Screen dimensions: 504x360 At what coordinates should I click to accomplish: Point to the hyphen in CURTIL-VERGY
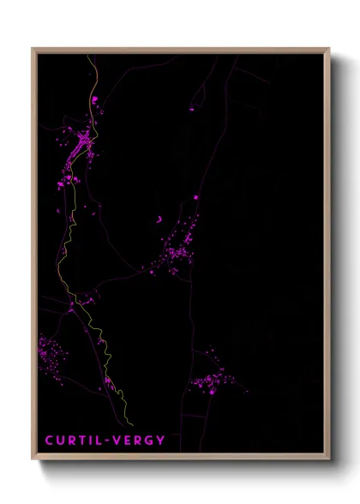coord(105,441)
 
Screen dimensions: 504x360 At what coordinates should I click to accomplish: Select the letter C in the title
coord(49,441)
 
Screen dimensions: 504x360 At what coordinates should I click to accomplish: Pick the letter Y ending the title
coord(161,441)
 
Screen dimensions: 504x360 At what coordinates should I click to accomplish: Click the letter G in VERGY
coord(149,441)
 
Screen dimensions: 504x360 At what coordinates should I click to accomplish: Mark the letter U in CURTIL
coord(60,441)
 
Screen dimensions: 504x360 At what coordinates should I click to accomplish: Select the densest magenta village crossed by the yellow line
coord(81,146)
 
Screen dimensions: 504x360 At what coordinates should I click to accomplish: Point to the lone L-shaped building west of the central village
coord(159,219)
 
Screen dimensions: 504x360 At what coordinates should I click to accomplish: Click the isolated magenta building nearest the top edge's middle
coord(191,108)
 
